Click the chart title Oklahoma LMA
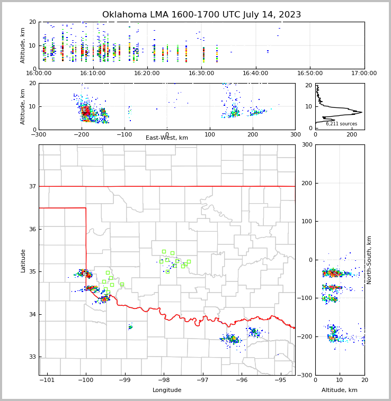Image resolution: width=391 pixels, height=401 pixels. [x=201, y=15]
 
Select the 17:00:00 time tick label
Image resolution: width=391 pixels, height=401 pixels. [x=364, y=74]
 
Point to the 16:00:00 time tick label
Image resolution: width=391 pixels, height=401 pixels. [x=39, y=74]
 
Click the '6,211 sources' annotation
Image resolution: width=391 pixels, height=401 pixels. [x=341, y=124]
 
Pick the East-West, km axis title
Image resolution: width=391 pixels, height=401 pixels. [x=167, y=138]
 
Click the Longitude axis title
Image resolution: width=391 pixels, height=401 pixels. [x=167, y=390]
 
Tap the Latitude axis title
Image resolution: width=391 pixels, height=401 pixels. [x=23, y=260]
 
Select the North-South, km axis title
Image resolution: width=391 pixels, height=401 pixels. [x=369, y=260]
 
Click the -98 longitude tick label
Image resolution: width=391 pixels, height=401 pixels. [x=163, y=380]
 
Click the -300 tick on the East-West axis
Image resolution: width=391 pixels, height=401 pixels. [x=39, y=134]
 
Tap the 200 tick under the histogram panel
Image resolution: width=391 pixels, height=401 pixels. [x=351, y=134]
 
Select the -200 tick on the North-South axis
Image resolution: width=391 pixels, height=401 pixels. [x=305, y=337]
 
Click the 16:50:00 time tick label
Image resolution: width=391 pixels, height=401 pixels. [x=310, y=74]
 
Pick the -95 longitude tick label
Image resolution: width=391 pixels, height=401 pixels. [x=279, y=380]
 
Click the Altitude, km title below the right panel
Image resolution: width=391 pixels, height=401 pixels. [x=340, y=390]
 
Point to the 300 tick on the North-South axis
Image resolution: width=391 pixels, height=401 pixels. [x=306, y=144]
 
